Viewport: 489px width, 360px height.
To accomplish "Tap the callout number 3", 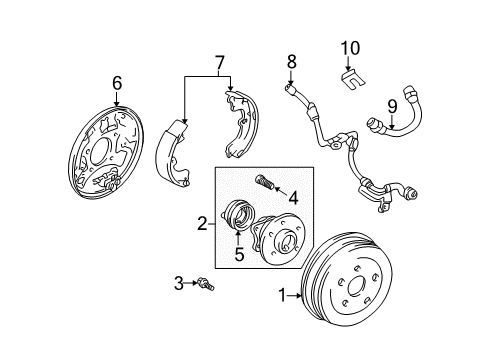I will point(180,285).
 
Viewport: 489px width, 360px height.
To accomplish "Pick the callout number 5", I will point(238,254).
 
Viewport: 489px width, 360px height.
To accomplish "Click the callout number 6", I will point(117,82).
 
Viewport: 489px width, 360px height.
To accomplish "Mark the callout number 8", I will point(292,62).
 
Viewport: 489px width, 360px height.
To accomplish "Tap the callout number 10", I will point(348,47).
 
